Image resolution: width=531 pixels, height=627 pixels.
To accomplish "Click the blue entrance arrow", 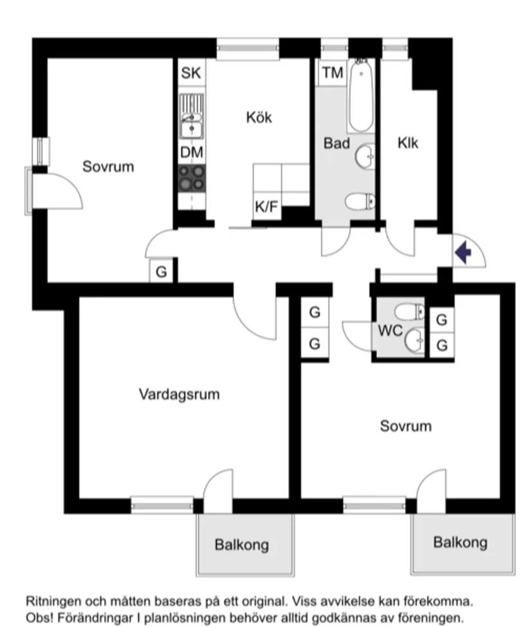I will (x=462, y=252).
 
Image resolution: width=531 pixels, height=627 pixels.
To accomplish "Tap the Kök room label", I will (x=259, y=117).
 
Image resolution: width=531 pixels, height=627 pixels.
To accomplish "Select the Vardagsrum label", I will (x=179, y=394).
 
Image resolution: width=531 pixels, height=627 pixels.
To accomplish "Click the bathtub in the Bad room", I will (x=361, y=97).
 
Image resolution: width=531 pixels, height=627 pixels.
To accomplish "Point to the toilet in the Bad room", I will (x=359, y=201).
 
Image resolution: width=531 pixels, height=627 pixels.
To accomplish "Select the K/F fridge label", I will (x=266, y=207).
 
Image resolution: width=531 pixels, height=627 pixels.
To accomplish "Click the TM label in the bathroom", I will (x=333, y=73).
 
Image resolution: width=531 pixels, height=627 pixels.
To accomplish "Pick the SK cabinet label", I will (x=191, y=73).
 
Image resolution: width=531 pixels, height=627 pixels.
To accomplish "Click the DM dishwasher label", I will (x=191, y=153).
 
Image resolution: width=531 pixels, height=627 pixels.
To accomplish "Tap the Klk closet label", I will (x=408, y=142).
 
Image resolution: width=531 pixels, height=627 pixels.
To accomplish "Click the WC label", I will (x=390, y=332).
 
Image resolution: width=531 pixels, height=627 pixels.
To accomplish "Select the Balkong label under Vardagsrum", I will (x=241, y=545).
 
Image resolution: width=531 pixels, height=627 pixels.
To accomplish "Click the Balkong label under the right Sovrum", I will (x=460, y=542).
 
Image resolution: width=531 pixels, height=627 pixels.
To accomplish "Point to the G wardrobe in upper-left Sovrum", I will (x=162, y=272).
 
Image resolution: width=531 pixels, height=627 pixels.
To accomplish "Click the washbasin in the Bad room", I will (x=366, y=155).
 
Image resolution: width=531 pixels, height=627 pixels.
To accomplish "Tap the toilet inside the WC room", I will (x=409, y=312).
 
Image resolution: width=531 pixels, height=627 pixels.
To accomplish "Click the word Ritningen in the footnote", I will (x=51, y=601).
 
